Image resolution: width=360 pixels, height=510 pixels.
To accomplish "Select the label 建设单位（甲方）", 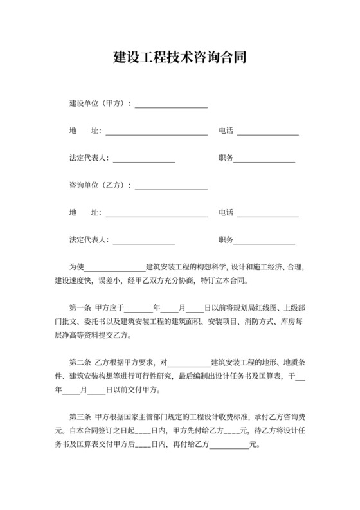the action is (x=98, y=103).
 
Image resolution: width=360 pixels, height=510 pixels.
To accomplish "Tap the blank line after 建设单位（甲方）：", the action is (x=171, y=104).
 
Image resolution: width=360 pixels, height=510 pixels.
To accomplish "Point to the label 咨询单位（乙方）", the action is (x=98, y=185).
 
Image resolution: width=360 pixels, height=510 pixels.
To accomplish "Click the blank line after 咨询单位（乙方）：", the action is (x=171, y=187).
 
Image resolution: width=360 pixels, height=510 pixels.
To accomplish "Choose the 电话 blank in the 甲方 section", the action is (x=268, y=132).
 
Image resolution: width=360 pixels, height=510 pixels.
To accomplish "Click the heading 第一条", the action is (x=81, y=307).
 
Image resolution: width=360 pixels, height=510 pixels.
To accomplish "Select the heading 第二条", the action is (x=81, y=362).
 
